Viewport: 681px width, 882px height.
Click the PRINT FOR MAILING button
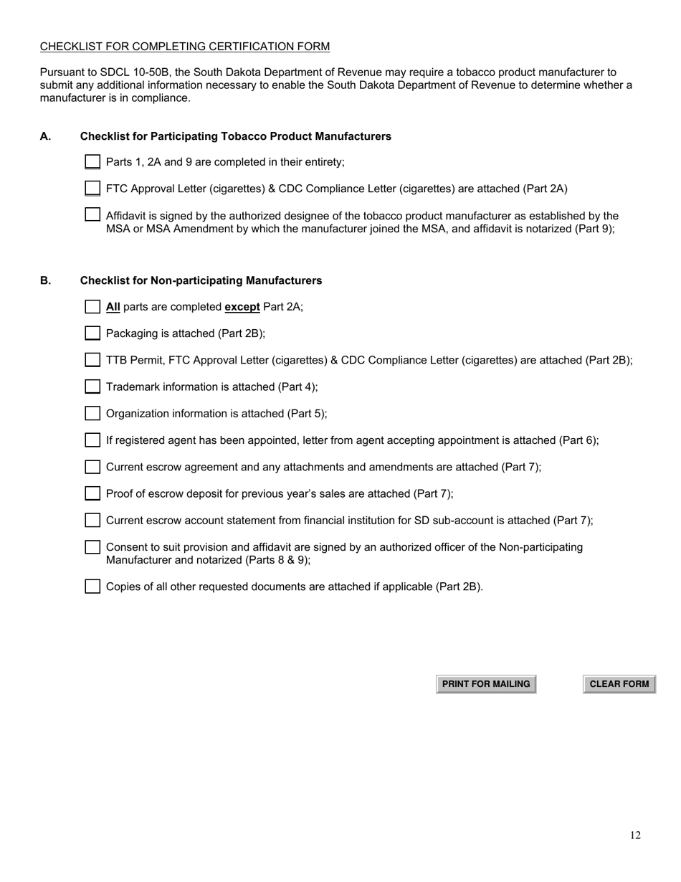coord(486,684)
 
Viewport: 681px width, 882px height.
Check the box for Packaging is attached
coord(92,333)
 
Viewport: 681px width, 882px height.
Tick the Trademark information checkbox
coord(92,387)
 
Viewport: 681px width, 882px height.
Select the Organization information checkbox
coord(92,413)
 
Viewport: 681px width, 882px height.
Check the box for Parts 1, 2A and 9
coord(92,162)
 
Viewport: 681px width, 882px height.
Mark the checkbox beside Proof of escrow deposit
coord(92,493)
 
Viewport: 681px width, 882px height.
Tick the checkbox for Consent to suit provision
coord(92,547)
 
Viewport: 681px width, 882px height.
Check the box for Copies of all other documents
coord(92,587)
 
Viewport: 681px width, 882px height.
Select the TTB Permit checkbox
coord(92,360)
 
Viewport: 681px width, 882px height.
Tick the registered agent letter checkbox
coord(92,440)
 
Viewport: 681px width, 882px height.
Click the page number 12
coord(635,835)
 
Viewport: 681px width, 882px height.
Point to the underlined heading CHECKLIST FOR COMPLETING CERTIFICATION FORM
coord(185,47)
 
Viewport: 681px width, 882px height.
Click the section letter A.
coord(45,136)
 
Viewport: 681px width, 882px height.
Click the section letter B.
coord(45,280)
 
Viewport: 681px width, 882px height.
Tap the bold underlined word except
coord(242,307)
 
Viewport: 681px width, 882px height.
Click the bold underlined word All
coord(113,307)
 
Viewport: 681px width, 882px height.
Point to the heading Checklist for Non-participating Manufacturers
coord(201,280)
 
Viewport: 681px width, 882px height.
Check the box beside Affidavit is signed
coord(92,214)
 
